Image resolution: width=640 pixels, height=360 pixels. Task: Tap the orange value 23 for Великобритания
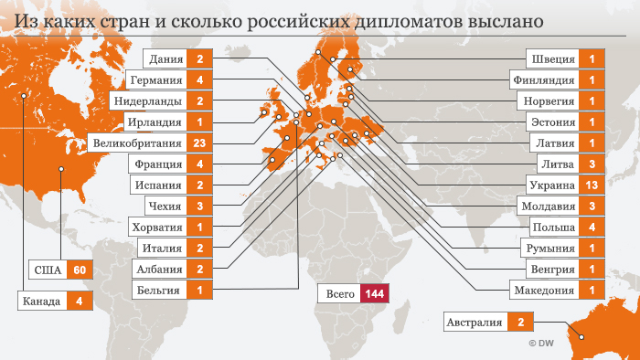pyautogui.click(x=198, y=143)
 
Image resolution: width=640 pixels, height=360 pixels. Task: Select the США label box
pyautogui.click(x=47, y=270)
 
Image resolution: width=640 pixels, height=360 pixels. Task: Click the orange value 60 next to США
pyautogui.click(x=80, y=270)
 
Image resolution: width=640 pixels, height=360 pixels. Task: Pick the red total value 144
pyautogui.click(x=374, y=294)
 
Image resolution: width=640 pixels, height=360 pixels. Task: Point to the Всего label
pyautogui.click(x=338, y=294)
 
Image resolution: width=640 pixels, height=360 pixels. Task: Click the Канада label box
pyautogui.click(x=42, y=301)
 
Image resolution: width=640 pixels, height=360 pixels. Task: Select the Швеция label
pyautogui.click(x=553, y=59)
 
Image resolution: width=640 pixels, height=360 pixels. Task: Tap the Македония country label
pyautogui.click(x=546, y=291)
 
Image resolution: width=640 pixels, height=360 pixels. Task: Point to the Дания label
pyautogui.click(x=165, y=59)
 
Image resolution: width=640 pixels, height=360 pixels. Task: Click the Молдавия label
pyautogui.click(x=549, y=206)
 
